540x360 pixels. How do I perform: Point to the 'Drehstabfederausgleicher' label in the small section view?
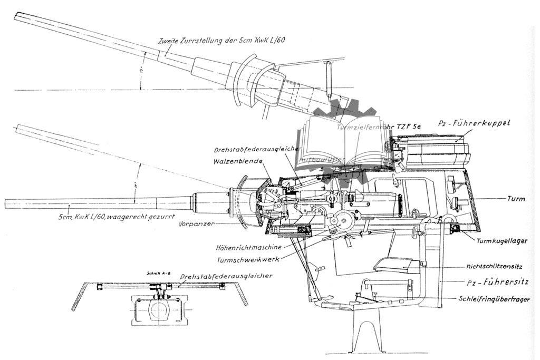[x=226, y=276]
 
